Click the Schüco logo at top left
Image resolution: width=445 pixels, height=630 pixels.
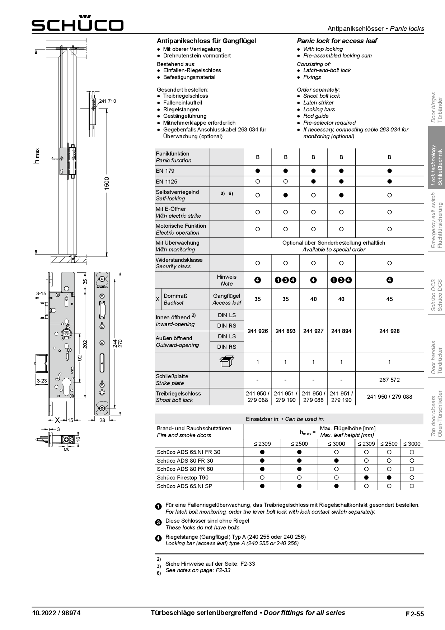pos(78,24)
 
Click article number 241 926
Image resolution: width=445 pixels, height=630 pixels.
pos(258,331)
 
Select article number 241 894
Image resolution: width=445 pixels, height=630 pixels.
pos(341,331)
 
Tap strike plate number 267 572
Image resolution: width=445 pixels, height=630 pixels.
pos(389,380)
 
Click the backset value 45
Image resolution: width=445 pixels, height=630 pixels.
pos(389,299)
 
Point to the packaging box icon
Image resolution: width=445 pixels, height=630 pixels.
pos(226,362)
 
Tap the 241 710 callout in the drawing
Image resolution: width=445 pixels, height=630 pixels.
pos(108,101)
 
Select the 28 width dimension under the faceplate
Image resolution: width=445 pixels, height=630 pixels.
pos(102,420)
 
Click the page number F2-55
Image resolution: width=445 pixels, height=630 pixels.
pos(414,614)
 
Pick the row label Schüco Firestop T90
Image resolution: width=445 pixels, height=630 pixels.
pos(182,478)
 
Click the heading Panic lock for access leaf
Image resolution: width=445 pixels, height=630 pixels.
pos(337,41)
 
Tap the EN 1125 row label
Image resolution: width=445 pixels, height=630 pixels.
pos(167,182)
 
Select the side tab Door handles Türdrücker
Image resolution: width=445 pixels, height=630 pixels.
pos(437,358)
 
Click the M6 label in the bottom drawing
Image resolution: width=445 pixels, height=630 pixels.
pos(66,449)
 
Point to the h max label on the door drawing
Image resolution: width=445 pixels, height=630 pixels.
pos(37,156)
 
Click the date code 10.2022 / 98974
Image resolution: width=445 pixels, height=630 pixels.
pos(56,613)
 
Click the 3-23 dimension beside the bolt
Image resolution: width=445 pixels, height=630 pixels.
pos(42,381)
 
